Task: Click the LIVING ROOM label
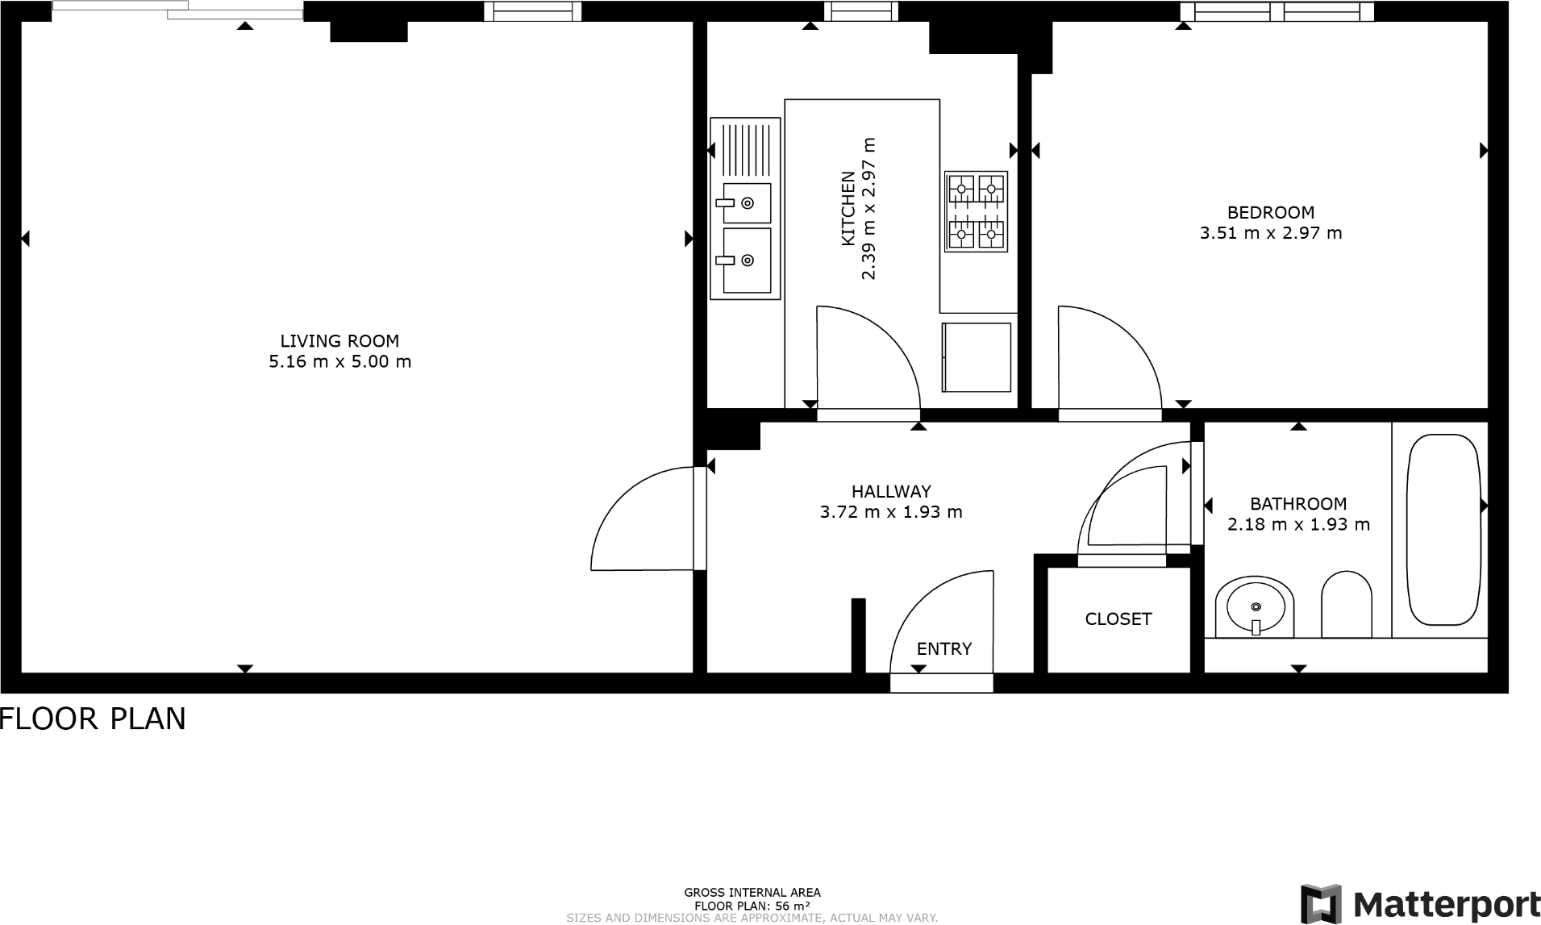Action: pyautogui.click(x=339, y=341)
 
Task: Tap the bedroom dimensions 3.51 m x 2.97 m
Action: pyautogui.click(x=1271, y=233)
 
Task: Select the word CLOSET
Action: pyautogui.click(x=1118, y=619)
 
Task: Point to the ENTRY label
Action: pyautogui.click(x=943, y=648)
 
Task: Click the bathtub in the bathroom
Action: pyautogui.click(x=1444, y=529)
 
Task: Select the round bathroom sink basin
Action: pyautogui.click(x=1255, y=606)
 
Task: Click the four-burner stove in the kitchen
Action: pyautogui.click(x=976, y=211)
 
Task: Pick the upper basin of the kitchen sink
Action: pyautogui.click(x=747, y=202)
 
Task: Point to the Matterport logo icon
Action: pyautogui.click(x=1321, y=904)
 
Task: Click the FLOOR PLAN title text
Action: pyautogui.click(x=94, y=719)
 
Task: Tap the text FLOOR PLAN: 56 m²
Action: pyautogui.click(x=752, y=906)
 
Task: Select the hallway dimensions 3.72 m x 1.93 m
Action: pyautogui.click(x=890, y=512)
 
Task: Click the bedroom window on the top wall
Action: pyautogui.click(x=1277, y=11)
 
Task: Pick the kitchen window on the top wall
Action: pyautogui.click(x=860, y=11)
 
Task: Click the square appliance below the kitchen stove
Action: pyautogui.click(x=976, y=357)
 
